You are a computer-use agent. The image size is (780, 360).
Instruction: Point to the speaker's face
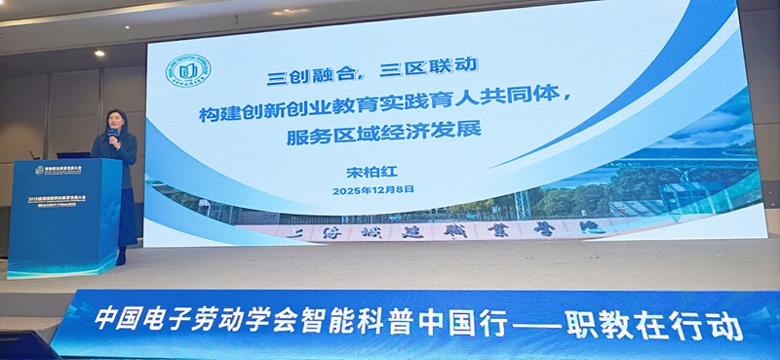tap(113, 126)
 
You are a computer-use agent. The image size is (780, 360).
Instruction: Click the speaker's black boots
tap(122, 255)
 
